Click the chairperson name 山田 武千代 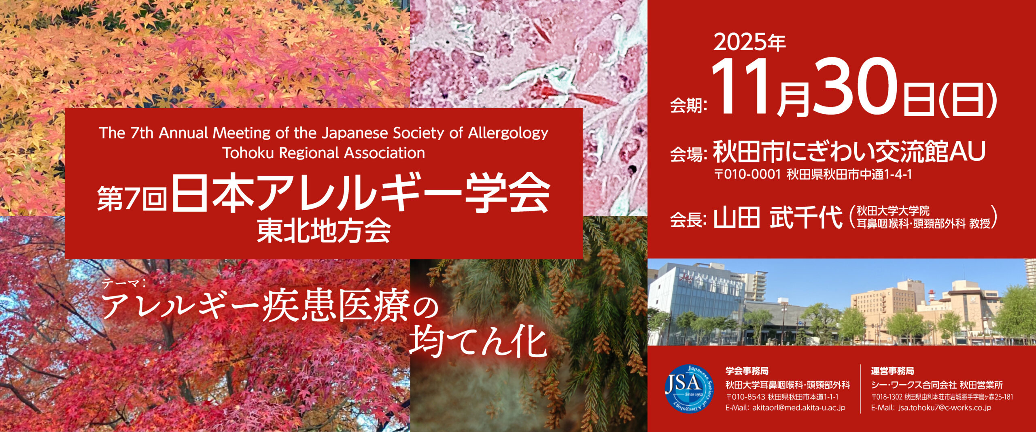click(777, 218)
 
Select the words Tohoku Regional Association click(323, 153)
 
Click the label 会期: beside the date click(688, 106)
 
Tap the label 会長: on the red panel click(688, 220)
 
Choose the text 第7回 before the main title click(132, 198)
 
